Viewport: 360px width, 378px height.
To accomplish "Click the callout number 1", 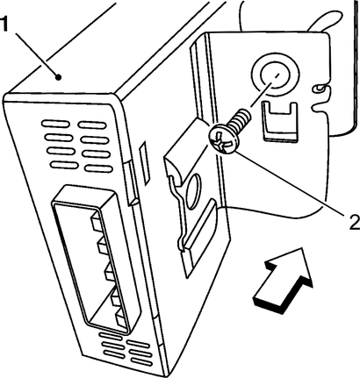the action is point(5,25).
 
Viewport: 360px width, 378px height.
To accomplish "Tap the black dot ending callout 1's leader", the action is point(59,77).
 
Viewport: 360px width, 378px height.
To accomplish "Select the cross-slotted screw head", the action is point(224,140).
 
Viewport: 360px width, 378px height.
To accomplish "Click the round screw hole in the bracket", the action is point(275,74).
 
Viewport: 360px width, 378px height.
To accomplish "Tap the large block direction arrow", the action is point(283,280).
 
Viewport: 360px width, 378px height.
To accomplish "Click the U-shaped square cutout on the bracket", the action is point(280,121).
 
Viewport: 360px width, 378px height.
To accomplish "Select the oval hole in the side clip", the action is point(193,191).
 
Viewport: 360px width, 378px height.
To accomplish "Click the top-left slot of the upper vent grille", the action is point(55,124).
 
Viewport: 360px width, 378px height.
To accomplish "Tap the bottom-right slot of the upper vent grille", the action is point(98,168).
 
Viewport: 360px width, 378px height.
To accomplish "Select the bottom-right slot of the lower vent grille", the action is point(141,362).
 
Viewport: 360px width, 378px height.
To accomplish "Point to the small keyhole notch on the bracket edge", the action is point(320,88).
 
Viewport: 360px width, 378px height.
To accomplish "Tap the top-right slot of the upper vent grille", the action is point(91,125).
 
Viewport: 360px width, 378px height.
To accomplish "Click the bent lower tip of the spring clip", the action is point(182,248).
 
